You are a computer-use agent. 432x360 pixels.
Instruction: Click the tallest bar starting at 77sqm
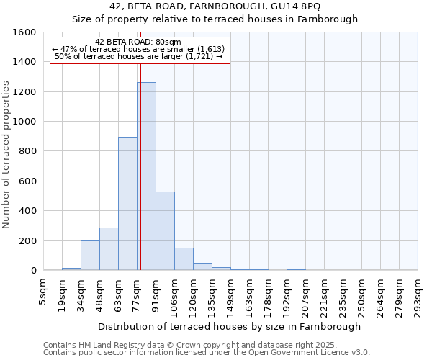click(x=146, y=176)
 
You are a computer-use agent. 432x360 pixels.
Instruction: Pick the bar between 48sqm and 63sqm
click(x=109, y=249)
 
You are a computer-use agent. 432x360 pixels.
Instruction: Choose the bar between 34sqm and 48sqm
click(x=90, y=256)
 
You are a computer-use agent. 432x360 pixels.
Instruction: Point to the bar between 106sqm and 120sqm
click(x=184, y=259)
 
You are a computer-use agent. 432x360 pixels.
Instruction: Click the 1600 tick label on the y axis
click(x=24, y=32)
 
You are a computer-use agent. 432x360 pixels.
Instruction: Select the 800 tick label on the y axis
click(x=27, y=151)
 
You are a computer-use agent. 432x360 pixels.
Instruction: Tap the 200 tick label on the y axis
click(x=27, y=240)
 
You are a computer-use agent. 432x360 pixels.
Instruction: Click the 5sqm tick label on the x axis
click(x=43, y=289)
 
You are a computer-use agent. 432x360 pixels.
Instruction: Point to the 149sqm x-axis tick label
click(x=230, y=293)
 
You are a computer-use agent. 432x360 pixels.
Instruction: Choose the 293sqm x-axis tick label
click(x=418, y=293)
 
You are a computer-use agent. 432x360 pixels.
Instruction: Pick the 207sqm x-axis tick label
click(x=305, y=293)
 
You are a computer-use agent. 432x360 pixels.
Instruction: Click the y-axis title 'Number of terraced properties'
click(x=7, y=155)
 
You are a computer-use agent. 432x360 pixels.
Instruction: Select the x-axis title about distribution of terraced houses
click(x=230, y=326)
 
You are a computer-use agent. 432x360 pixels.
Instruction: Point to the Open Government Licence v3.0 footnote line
click(x=207, y=352)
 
